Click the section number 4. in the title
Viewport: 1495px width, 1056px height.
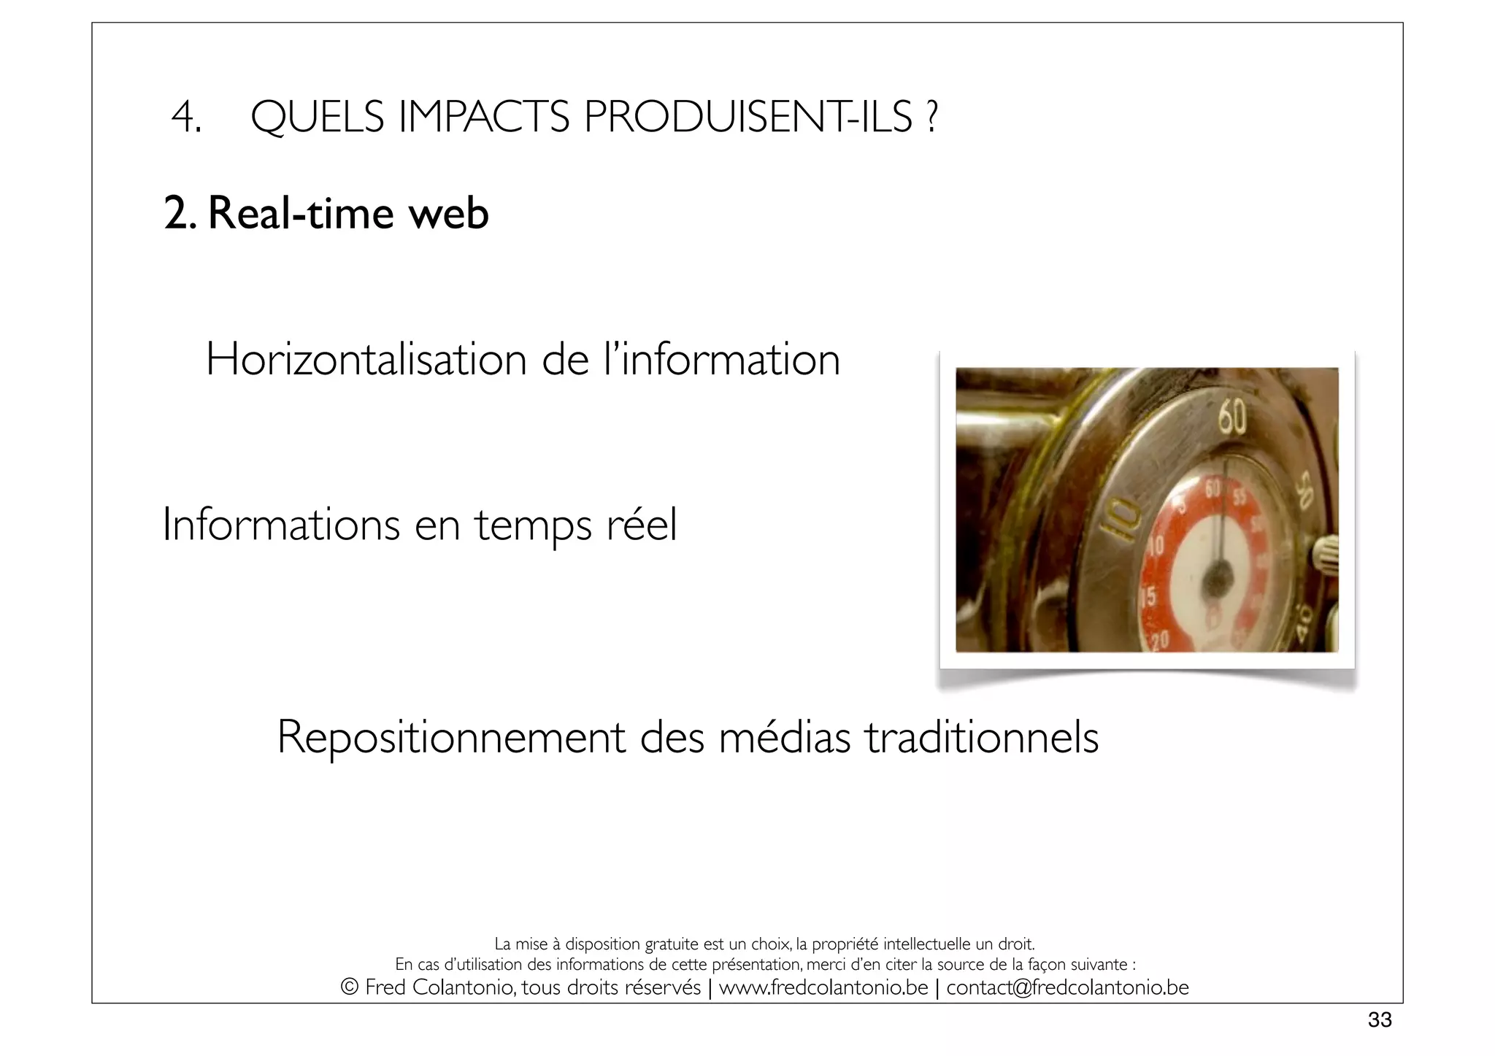[x=185, y=117]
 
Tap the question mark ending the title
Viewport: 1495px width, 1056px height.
[x=931, y=117]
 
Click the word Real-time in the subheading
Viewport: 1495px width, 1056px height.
[x=301, y=214]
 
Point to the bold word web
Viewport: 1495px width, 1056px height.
[x=448, y=214]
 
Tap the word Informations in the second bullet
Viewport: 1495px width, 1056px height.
[x=281, y=525]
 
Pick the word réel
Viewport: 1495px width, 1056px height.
[x=642, y=525]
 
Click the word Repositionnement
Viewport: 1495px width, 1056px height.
[x=450, y=737]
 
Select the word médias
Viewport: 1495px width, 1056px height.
[x=784, y=737]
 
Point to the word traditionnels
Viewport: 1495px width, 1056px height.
[x=982, y=737]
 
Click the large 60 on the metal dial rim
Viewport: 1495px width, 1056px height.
[x=1231, y=420]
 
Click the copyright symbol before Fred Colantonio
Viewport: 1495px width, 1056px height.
[x=350, y=987]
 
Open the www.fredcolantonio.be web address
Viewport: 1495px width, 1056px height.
[x=823, y=987]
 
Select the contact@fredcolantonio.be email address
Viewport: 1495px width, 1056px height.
[x=1067, y=987]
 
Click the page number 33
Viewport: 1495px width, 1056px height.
[x=1380, y=1020]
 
